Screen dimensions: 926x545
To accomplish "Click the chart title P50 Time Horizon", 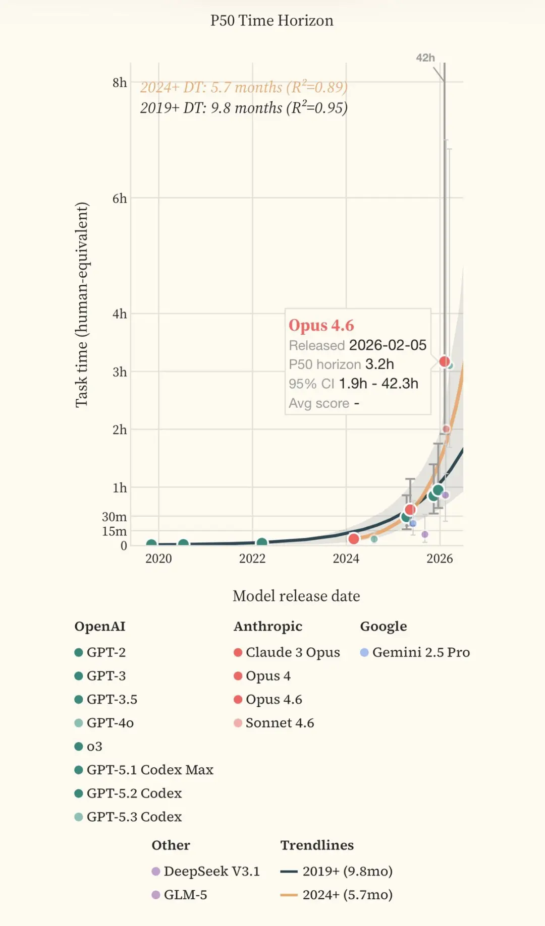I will pyautogui.click(x=271, y=21).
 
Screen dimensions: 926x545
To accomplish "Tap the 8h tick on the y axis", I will pyautogui.click(x=120, y=83).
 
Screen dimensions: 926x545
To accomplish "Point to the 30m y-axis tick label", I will pyautogui.click(x=114, y=517).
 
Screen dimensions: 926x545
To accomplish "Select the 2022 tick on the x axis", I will pyautogui.click(x=252, y=559).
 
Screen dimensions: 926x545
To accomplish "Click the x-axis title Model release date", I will pyautogui.click(x=296, y=596).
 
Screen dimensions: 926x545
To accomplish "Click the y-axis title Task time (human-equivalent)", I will pyautogui.click(x=82, y=305).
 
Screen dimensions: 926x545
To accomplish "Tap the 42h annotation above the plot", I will pyautogui.click(x=425, y=58).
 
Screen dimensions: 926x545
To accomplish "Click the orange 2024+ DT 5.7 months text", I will pyautogui.click(x=244, y=87).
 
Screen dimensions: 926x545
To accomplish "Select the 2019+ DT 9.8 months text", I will pyautogui.click(x=244, y=108).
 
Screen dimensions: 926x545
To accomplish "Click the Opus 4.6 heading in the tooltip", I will pyautogui.click(x=321, y=326).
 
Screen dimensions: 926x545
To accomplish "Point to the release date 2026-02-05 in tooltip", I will pyautogui.click(x=388, y=345).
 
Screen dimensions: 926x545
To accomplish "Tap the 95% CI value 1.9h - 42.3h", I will pyautogui.click(x=378, y=384).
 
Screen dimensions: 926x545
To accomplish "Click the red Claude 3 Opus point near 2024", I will pyautogui.click(x=354, y=539).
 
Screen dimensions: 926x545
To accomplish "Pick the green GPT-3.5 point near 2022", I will pyautogui.click(x=262, y=543).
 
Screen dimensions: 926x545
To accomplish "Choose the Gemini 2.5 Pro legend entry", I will pyautogui.click(x=415, y=652).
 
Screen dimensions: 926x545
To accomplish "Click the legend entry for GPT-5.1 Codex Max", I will pyautogui.click(x=144, y=770).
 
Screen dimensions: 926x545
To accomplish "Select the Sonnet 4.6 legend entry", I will pyautogui.click(x=274, y=723).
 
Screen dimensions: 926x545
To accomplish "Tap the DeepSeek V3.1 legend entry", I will pyautogui.click(x=206, y=871).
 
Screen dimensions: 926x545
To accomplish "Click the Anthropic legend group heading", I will pyautogui.click(x=268, y=626).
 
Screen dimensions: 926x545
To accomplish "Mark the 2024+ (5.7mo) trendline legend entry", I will pyautogui.click(x=337, y=895).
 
